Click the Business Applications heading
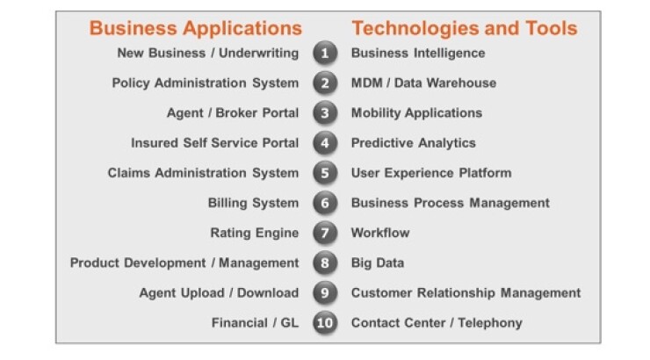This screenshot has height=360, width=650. click(x=196, y=29)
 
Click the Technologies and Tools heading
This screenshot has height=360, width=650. click(x=465, y=29)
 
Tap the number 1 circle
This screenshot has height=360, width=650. click(x=325, y=53)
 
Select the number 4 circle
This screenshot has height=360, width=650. click(x=325, y=143)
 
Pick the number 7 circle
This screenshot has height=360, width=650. click(x=325, y=233)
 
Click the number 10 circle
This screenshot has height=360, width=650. click(x=325, y=323)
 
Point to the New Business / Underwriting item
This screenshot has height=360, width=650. click(x=207, y=54)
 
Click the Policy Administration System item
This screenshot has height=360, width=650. click(x=206, y=83)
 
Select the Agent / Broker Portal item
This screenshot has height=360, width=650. click(x=233, y=113)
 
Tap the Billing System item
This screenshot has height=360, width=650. click(x=253, y=204)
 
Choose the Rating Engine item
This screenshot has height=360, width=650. click(x=255, y=234)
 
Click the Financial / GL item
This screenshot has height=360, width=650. click(x=255, y=323)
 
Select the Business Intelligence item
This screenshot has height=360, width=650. click(x=418, y=54)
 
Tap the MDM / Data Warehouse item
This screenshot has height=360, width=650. click(x=423, y=83)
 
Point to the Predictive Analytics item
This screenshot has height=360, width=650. click(x=414, y=143)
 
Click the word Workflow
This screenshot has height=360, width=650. click(x=380, y=233)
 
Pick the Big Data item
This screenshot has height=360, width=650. click(x=377, y=263)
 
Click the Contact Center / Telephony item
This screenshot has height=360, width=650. click(x=437, y=323)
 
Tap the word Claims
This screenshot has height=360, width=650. click(x=129, y=173)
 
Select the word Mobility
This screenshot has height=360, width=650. click(x=376, y=113)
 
